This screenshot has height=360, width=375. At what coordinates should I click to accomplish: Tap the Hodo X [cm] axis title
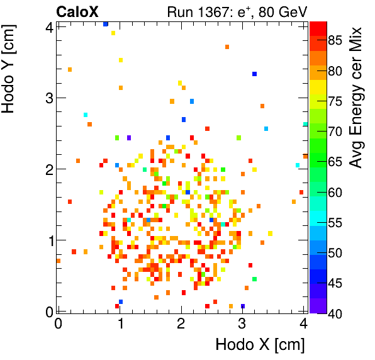(260, 345)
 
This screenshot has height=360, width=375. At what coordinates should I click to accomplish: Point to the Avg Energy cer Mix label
(357, 98)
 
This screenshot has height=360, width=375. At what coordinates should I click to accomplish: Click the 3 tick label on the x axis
(243, 323)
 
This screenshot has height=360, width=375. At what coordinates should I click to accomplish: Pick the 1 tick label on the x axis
(120, 323)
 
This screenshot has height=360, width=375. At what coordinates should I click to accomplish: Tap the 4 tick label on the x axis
(304, 323)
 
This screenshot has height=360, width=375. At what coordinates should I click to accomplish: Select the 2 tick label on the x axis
(181, 323)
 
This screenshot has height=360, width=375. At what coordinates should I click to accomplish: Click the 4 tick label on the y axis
(48, 27)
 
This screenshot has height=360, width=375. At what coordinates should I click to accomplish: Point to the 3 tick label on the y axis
(48, 98)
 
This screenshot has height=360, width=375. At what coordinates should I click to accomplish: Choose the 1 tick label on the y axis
(48, 240)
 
